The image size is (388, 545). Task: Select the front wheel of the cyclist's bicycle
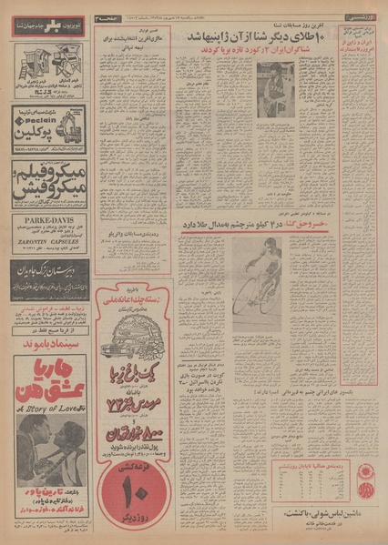click(242, 295)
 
